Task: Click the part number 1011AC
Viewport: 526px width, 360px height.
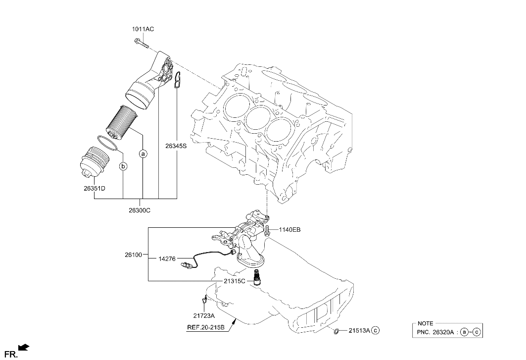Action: point(143,29)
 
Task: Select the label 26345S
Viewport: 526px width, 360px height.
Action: point(176,146)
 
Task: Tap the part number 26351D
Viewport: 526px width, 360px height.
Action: point(94,188)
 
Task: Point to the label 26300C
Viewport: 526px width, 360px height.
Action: point(139,210)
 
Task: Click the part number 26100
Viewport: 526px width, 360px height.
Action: point(133,255)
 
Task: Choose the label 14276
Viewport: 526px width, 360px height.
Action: point(167,258)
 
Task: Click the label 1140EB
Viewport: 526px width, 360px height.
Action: point(289,230)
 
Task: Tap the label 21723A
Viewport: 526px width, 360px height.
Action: point(204,315)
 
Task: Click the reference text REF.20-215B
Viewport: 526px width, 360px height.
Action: point(205,327)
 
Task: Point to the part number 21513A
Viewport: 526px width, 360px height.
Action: point(359,330)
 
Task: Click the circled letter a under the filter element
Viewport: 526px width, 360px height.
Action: point(143,154)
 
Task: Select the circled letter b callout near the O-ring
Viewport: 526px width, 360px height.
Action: point(123,166)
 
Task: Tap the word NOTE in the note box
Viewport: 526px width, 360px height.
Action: point(426,323)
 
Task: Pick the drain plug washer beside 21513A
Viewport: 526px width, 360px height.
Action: point(336,330)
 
